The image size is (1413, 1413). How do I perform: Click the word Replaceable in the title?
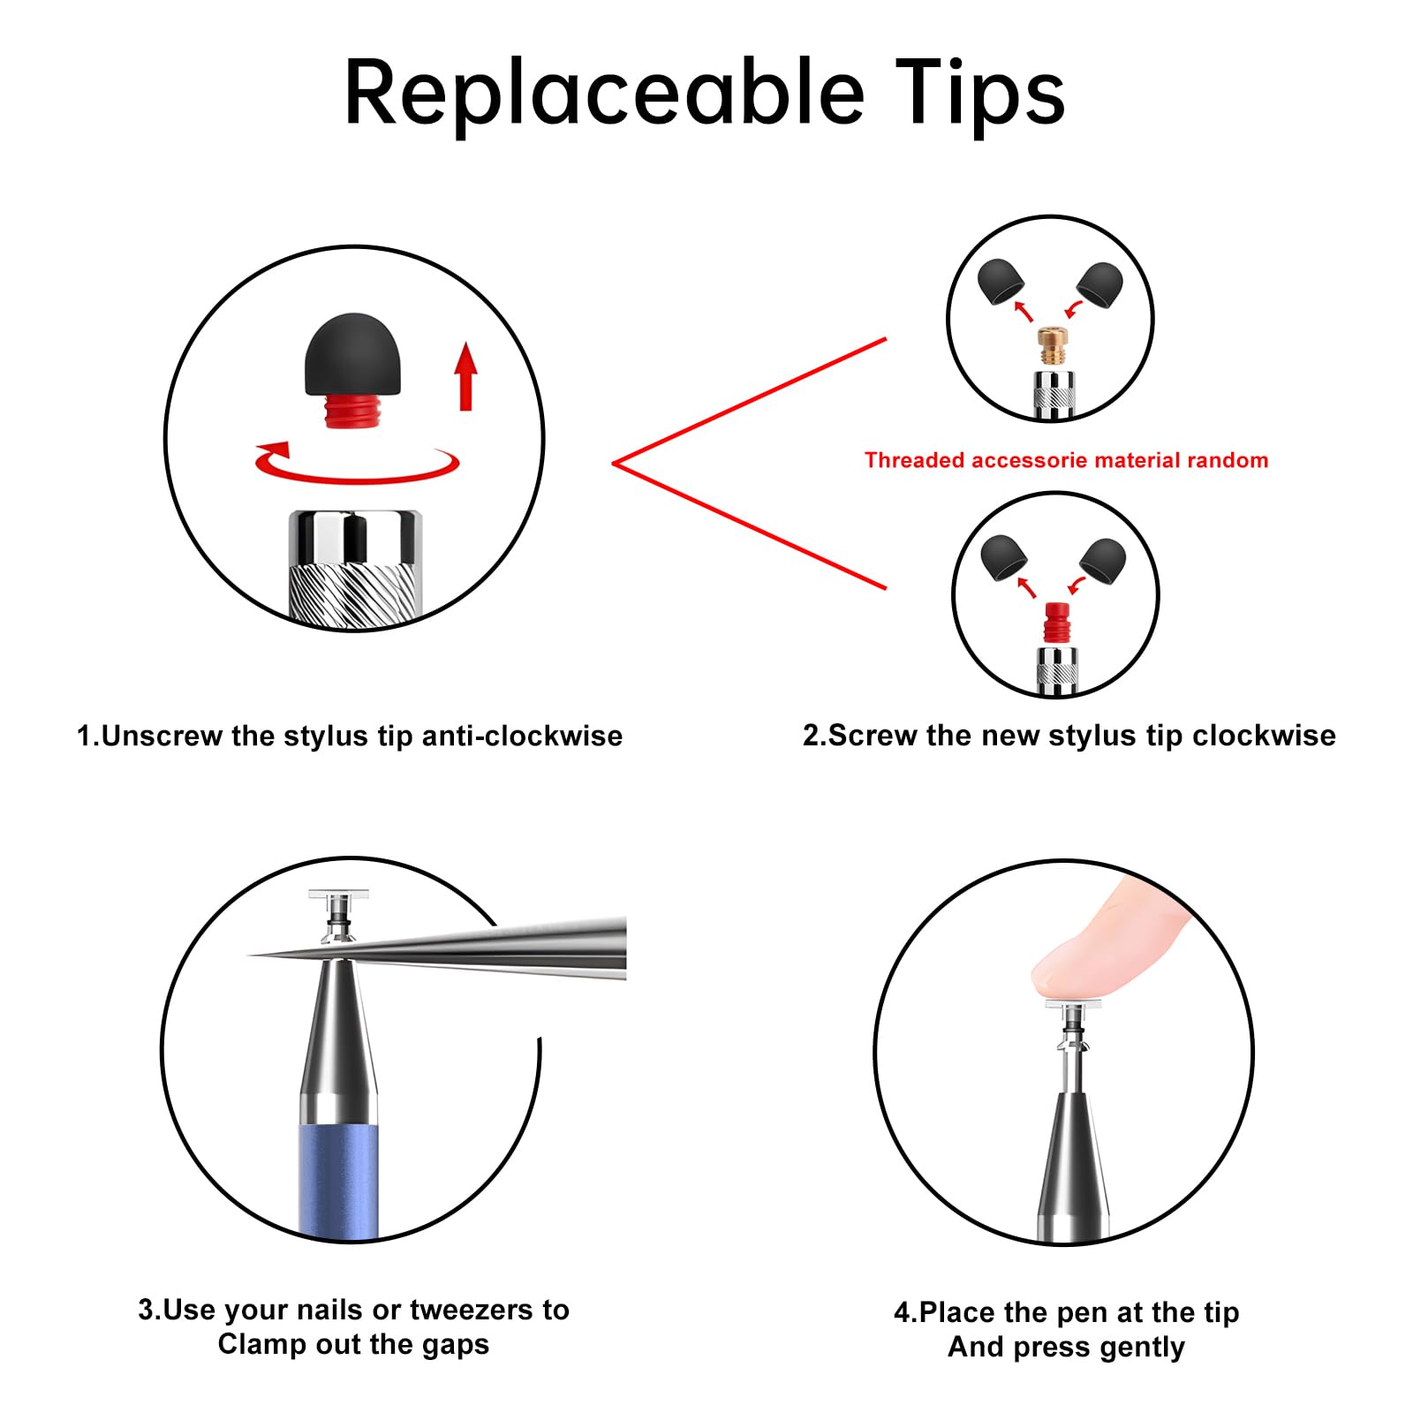point(604,93)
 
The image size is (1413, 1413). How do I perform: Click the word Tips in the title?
point(980,93)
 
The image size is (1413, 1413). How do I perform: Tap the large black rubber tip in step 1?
point(352,354)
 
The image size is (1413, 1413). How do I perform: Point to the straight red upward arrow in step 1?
point(466,376)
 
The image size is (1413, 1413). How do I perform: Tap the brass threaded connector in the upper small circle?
point(1052,345)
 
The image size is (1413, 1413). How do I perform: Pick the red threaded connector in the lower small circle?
point(1056,622)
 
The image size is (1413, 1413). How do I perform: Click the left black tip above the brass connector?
point(1001,282)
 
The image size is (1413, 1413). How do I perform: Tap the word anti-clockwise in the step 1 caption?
point(522,736)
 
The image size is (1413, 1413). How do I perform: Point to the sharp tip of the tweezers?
point(249,956)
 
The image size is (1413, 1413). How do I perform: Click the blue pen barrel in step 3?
point(339,1180)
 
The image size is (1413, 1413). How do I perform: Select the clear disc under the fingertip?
point(1073,1003)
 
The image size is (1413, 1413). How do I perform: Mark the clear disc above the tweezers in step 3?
point(337,895)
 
